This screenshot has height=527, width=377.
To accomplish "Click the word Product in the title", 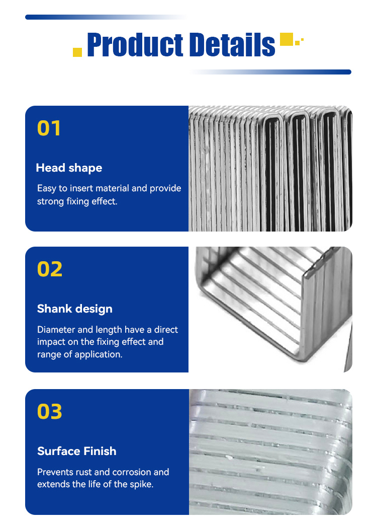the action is (x=135, y=44).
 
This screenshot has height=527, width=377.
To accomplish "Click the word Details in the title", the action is (x=232, y=44).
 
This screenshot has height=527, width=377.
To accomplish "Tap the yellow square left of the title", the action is (x=77, y=52).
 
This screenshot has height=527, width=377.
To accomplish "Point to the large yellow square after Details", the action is (x=287, y=39).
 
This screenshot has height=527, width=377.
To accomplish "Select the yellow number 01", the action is (x=49, y=128).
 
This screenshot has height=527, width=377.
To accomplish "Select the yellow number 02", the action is (x=50, y=269).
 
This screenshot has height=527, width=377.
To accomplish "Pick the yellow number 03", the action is (x=50, y=411).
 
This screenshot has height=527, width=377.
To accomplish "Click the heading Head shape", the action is (x=69, y=168).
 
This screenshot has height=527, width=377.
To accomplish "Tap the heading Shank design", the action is (x=75, y=309).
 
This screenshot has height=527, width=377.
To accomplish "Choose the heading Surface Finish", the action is (x=77, y=451).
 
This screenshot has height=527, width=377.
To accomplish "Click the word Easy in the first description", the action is (x=47, y=188).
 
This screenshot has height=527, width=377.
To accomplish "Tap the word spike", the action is (x=142, y=484).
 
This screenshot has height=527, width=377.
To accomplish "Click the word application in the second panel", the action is (x=99, y=354).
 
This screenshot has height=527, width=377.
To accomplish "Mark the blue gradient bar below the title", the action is (x=270, y=72).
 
